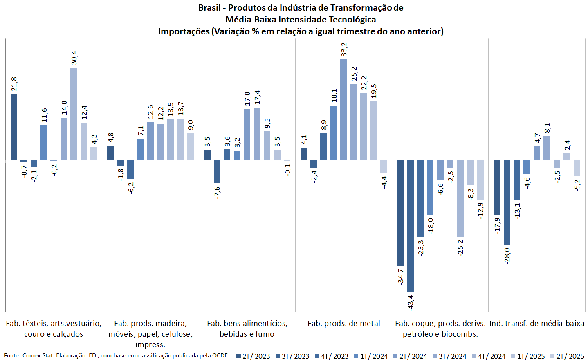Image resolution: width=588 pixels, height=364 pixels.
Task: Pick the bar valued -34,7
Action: coord(400,213)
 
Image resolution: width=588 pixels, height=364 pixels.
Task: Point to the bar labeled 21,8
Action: coord(14,127)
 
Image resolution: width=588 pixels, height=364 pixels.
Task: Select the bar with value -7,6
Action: coord(217,171)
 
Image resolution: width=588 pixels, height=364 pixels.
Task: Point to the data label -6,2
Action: coord(131,187)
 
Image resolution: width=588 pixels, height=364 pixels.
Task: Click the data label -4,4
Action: coord(384,182)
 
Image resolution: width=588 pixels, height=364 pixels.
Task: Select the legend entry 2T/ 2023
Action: coord(253,356)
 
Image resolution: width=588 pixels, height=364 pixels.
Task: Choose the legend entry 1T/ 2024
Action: coord(371,356)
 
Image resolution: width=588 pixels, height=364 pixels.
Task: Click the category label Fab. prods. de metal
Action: coord(343,324)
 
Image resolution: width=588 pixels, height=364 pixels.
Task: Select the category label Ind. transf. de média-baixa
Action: coord(536,324)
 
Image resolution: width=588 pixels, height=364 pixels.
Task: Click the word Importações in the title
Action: coord(184,31)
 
